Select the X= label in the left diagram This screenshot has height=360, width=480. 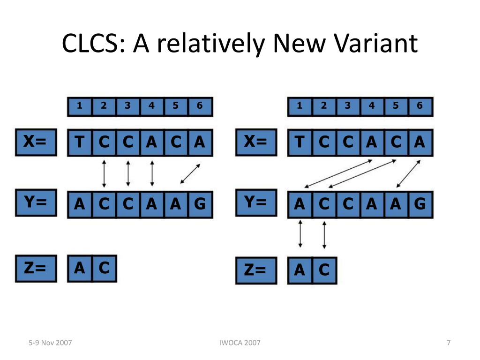(x=36, y=142)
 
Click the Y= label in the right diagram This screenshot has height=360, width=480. (x=256, y=202)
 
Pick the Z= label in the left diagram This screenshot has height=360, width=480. (x=36, y=268)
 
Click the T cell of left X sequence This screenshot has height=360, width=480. (x=80, y=142)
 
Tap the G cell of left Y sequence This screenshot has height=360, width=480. (x=200, y=204)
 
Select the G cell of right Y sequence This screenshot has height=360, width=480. (x=420, y=204)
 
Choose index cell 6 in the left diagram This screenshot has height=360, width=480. (x=200, y=106)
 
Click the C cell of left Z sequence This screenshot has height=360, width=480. (x=104, y=268)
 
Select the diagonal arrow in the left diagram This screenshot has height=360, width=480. (x=190, y=173)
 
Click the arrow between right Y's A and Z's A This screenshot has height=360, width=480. (x=300, y=233)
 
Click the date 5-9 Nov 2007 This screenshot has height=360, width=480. (x=50, y=343)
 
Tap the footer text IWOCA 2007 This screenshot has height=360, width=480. (x=240, y=343)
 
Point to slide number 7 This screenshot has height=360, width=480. (x=449, y=343)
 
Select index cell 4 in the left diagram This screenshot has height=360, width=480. (x=152, y=106)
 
